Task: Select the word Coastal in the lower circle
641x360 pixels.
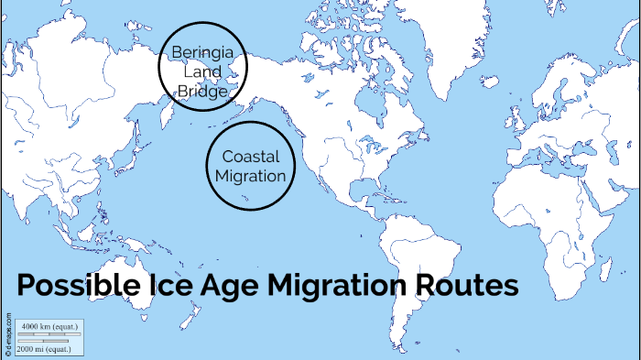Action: click(x=250, y=157)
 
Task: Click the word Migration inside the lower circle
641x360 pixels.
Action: click(x=250, y=176)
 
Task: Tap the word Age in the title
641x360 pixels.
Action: click(x=229, y=287)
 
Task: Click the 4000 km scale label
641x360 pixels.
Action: click(x=49, y=327)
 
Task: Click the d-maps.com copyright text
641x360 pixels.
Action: click(x=8, y=335)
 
